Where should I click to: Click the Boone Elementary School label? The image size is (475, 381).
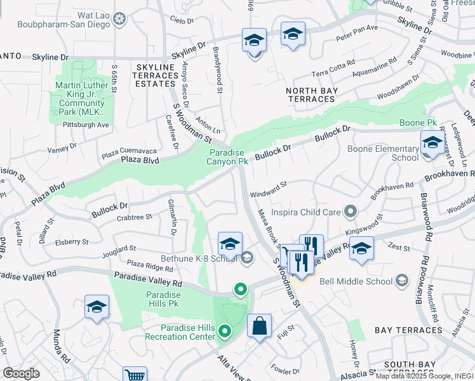click(x=383, y=154)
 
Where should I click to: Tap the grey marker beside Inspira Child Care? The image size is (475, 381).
click(x=350, y=211)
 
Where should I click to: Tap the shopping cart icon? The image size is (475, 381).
click(x=135, y=375)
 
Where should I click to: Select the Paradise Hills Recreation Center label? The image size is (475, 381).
click(x=180, y=331)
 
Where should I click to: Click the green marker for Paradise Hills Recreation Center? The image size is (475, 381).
click(x=224, y=331)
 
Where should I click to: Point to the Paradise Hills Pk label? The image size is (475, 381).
click(x=164, y=299)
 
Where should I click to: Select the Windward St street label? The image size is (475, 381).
click(x=269, y=185)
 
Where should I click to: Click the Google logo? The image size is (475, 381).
click(x=22, y=373)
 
